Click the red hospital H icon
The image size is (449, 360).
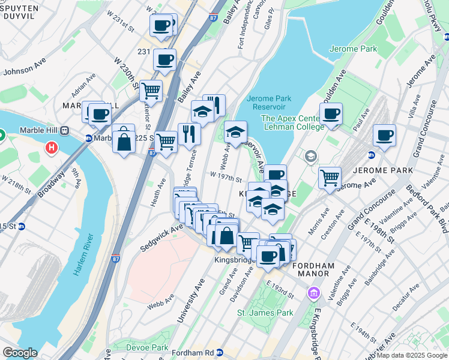click(x=52, y=147)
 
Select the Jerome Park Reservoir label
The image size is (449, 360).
click(x=268, y=103)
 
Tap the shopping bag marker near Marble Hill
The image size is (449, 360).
click(x=124, y=141)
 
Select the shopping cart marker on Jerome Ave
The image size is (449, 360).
click(x=330, y=177)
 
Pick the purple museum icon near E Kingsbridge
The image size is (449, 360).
click(x=313, y=293)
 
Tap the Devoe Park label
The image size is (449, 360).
click(x=147, y=347)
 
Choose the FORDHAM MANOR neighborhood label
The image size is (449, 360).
click(x=311, y=269)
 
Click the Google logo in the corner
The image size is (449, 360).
click(x=20, y=353)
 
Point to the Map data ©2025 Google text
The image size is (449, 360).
click(x=411, y=355)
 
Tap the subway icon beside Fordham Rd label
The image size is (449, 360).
click(x=220, y=353)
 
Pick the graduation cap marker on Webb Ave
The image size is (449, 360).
click(x=236, y=131)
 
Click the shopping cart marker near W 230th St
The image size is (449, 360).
click(x=151, y=91)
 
